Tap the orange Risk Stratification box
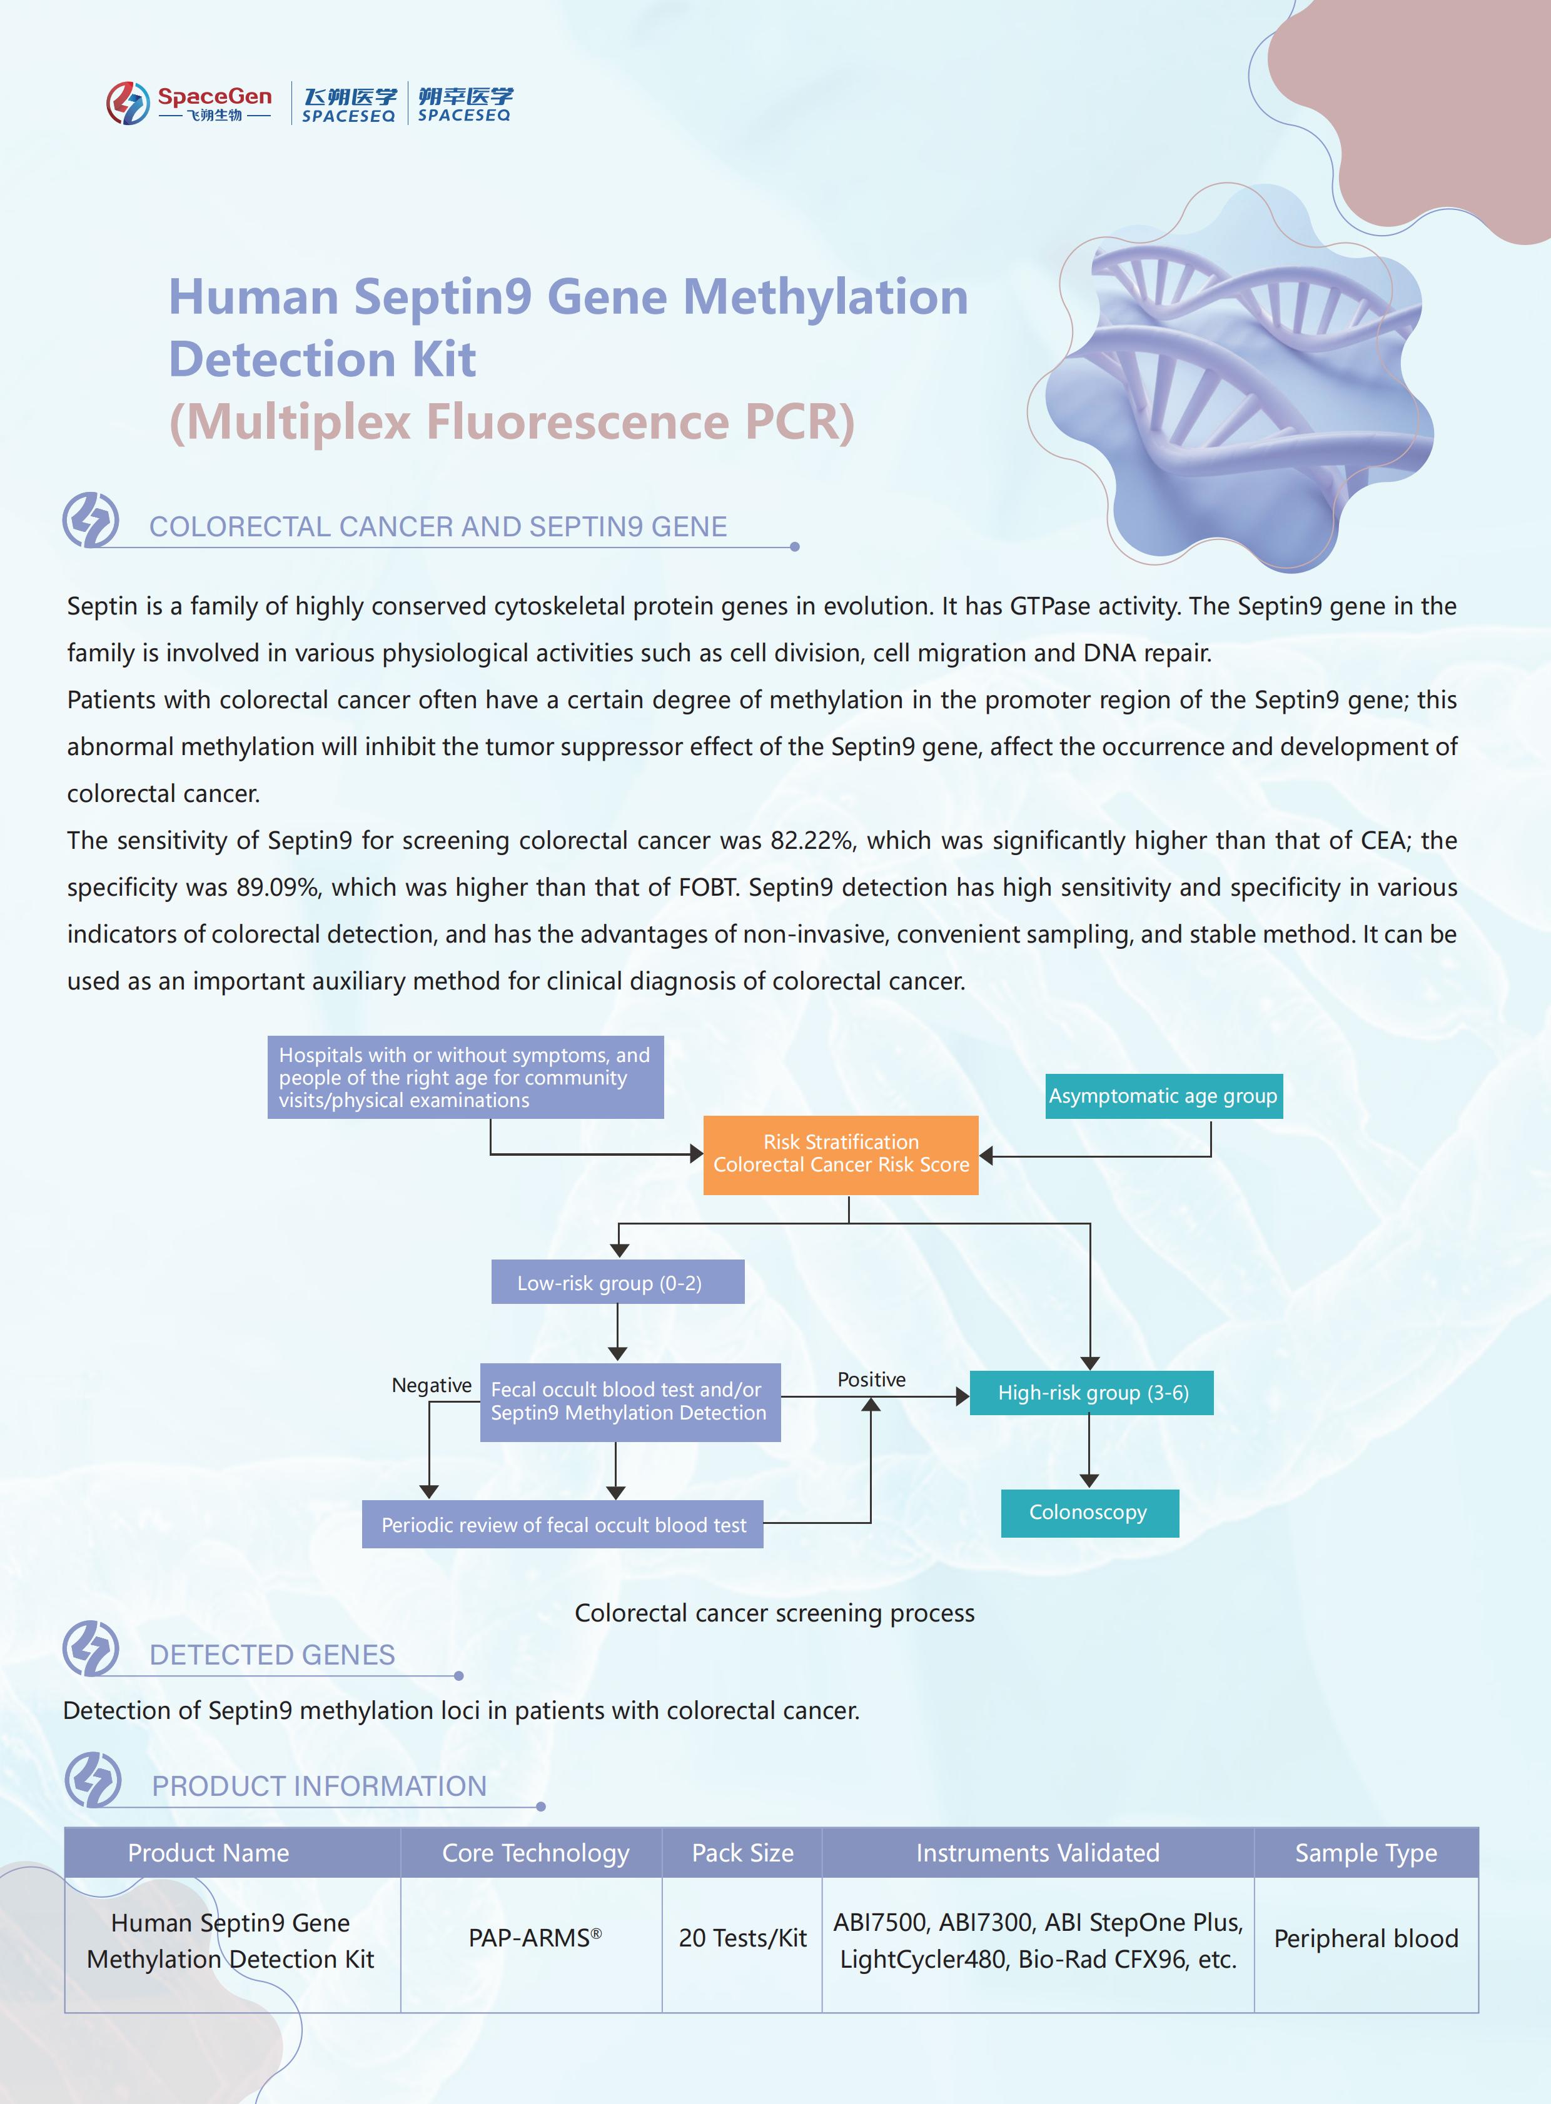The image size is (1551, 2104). tap(841, 1155)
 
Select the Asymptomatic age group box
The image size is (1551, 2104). tap(1163, 1096)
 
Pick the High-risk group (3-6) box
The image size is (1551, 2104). tap(1091, 1393)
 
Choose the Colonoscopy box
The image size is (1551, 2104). tap(1089, 1513)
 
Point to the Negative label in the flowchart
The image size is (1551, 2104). tap(431, 1385)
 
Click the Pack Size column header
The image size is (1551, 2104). tap(742, 1853)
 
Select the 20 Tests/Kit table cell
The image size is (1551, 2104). tap(742, 1938)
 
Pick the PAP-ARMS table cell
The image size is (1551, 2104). tap(533, 1938)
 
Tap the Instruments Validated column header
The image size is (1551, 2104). tap(1038, 1853)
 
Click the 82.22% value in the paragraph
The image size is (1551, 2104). tap(812, 841)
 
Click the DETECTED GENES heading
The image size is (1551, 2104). tap(272, 1655)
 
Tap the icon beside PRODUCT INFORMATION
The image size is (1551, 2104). tap(93, 1780)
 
